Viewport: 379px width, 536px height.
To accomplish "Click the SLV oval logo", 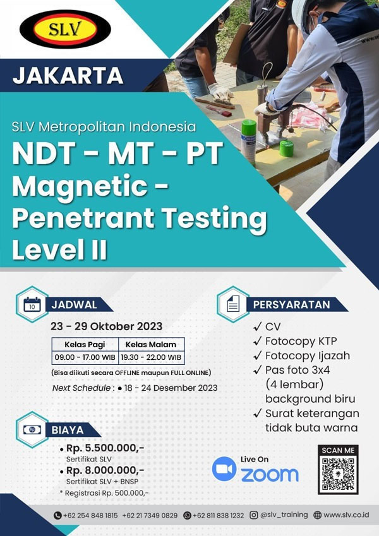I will pos(66,29).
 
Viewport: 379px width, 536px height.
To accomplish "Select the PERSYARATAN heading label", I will pos(291,304).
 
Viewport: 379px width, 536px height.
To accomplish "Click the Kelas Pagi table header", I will pos(84,345).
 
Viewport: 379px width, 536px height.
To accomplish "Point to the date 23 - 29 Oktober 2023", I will pos(107,326).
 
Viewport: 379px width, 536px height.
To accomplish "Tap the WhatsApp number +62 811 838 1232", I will pos(218,515).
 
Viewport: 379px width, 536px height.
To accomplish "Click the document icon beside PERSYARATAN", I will pos(233,304).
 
